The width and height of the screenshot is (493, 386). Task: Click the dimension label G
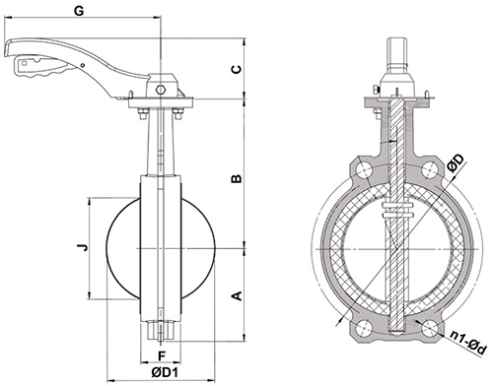click(79, 11)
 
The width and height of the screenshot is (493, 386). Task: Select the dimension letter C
click(237, 69)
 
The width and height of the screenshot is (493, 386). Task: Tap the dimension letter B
click(237, 178)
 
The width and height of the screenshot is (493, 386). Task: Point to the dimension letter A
click(237, 295)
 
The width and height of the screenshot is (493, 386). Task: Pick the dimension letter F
click(161, 355)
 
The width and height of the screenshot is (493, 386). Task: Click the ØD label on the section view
click(457, 163)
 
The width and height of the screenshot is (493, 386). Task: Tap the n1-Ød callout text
click(466, 343)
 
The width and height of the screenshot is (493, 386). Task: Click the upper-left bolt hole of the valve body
click(364, 170)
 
